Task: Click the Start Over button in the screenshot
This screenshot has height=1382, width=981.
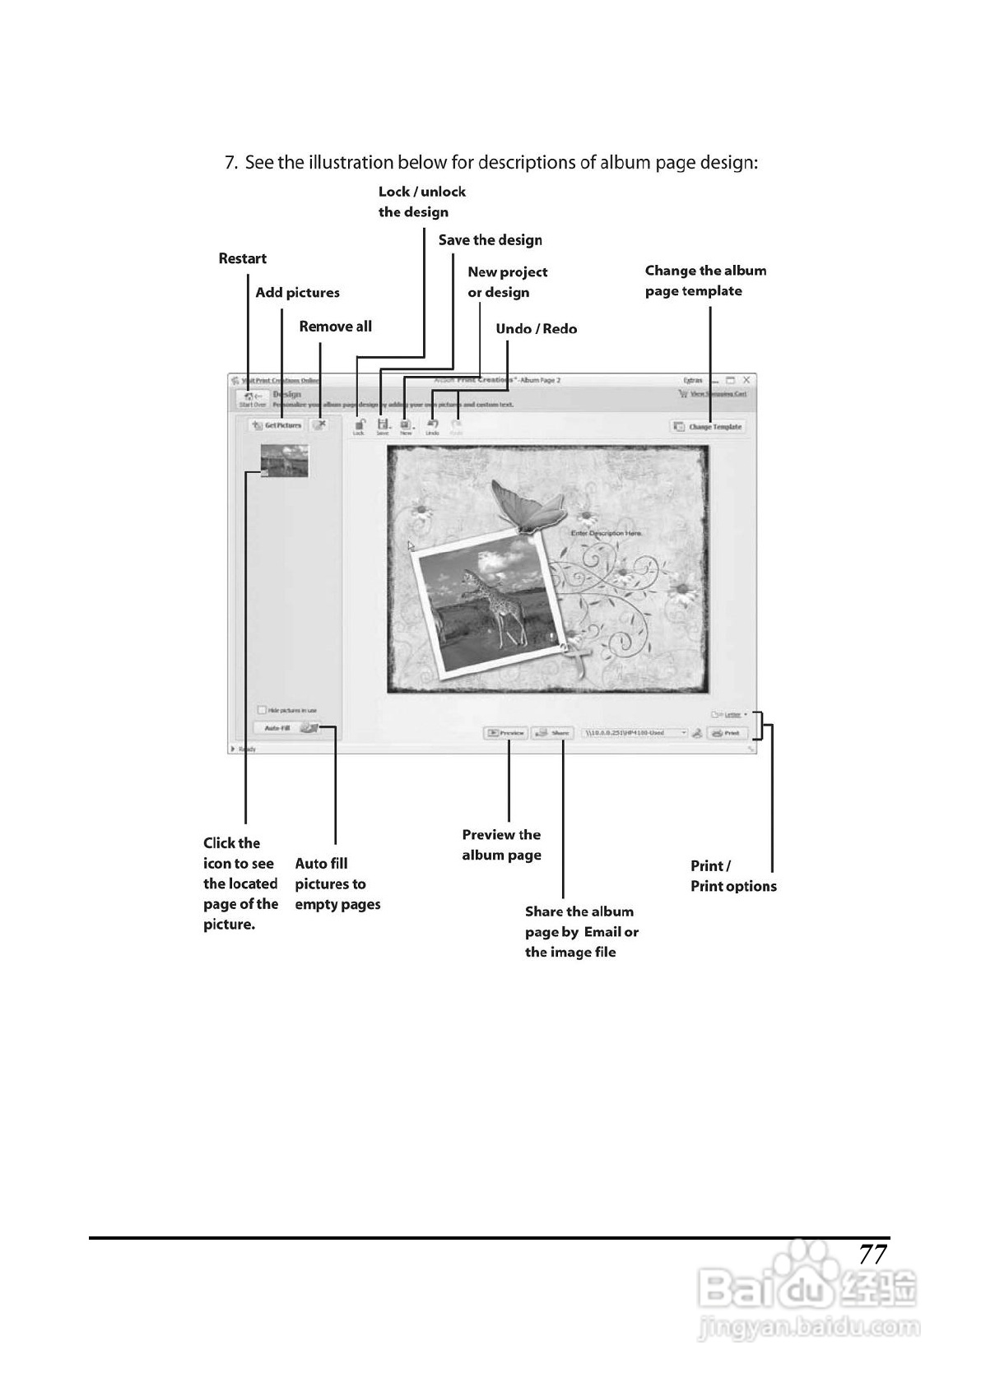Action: tap(252, 399)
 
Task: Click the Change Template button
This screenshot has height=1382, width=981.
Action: tap(709, 426)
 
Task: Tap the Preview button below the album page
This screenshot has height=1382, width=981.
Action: tap(506, 732)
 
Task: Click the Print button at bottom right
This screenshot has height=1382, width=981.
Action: tap(728, 732)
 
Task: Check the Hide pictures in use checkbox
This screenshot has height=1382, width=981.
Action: tap(263, 710)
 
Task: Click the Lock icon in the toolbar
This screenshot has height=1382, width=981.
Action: tap(359, 425)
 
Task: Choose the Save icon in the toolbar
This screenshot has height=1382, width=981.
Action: tap(383, 425)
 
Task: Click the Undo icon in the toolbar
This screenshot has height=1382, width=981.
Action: tap(433, 425)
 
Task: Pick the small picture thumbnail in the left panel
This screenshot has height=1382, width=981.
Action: tap(285, 461)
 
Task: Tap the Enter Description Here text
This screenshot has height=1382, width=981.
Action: tap(606, 533)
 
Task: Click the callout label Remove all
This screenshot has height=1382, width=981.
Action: tap(335, 327)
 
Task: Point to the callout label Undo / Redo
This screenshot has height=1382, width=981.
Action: tap(536, 329)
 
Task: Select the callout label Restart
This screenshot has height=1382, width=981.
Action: tap(242, 258)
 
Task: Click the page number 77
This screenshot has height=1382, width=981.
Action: tap(872, 1254)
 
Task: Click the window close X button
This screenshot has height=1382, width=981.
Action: tap(746, 380)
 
